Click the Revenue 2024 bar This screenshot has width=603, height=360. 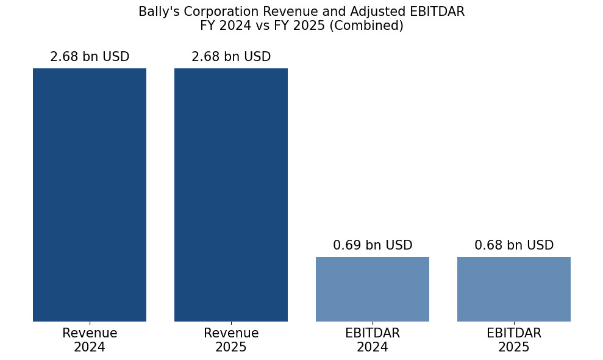click(x=90, y=195)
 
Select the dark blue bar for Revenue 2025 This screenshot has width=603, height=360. click(x=231, y=195)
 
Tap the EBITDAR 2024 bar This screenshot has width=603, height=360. click(x=373, y=289)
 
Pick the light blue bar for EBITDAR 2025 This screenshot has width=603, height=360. click(x=514, y=289)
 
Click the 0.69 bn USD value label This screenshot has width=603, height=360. click(x=373, y=245)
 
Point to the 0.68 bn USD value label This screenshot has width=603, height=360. click(x=514, y=245)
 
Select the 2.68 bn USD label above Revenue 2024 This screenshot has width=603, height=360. click(x=90, y=57)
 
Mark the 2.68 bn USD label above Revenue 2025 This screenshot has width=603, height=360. click(x=231, y=57)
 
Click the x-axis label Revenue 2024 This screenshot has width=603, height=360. click(x=90, y=340)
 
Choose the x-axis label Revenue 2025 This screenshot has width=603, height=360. click(x=231, y=340)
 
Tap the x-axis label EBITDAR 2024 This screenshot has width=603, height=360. click(x=373, y=340)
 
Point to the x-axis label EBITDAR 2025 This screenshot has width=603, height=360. click(x=514, y=340)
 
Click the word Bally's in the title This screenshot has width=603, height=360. click(x=159, y=12)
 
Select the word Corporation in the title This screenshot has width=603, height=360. click(x=216, y=12)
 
